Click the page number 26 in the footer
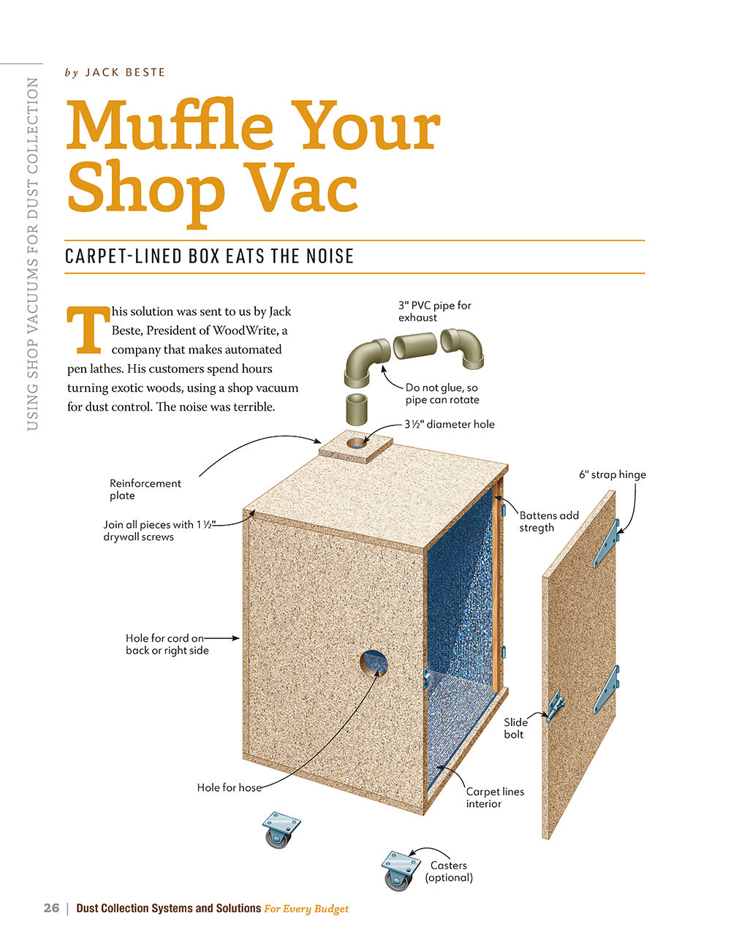click(x=51, y=908)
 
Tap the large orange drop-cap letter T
click(x=88, y=330)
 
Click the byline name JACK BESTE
click(x=125, y=72)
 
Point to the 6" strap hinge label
click(x=613, y=474)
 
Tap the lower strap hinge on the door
click(x=606, y=689)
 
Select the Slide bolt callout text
click(x=515, y=728)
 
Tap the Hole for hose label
click(x=229, y=787)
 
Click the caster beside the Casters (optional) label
click(x=400, y=871)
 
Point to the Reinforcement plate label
click(x=145, y=489)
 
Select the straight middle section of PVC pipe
click(x=415, y=345)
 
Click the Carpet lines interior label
click(x=495, y=798)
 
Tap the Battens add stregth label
click(x=549, y=521)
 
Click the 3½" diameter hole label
click(x=450, y=424)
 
